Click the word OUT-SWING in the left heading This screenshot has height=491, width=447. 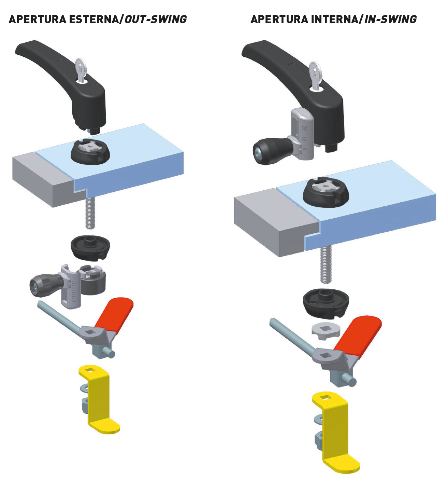point(156,19)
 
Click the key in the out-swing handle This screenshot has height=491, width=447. point(80,70)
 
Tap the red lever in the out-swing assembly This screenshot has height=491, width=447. point(114,313)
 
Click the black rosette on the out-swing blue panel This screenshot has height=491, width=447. point(90,152)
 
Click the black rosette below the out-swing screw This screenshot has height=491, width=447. point(90,247)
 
